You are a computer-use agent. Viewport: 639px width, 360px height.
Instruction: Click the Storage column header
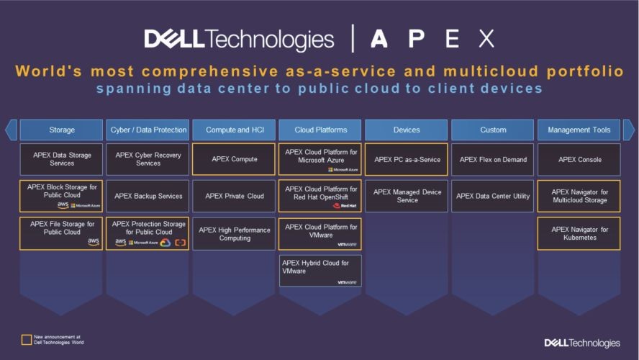coord(61,130)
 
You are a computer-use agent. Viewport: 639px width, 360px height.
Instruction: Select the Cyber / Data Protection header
coord(148,130)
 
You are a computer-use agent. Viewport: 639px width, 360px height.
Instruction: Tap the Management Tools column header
coord(579,130)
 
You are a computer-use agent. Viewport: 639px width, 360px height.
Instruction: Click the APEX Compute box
coord(234,159)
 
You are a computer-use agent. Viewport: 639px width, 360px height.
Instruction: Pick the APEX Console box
coord(579,159)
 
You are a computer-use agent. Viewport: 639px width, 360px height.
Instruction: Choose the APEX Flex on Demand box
coord(492,159)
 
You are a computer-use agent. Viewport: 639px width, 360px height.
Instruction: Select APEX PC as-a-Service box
coord(406,159)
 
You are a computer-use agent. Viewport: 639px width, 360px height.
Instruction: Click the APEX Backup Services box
coord(148,196)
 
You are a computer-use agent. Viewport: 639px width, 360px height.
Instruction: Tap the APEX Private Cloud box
coord(234,196)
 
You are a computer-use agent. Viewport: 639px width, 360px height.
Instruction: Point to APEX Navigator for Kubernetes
coord(579,233)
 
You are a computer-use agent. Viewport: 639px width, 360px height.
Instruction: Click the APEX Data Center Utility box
coord(492,196)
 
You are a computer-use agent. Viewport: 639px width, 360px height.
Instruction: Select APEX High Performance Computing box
coord(234,233)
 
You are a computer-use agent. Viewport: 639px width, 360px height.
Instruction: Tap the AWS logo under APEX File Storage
coord(93,242)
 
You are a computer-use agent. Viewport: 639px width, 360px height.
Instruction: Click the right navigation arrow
coord(628,130)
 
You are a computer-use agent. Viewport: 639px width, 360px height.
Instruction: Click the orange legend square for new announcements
coord(27,339)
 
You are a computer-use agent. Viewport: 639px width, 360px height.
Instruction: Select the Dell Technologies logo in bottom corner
coord(581,343)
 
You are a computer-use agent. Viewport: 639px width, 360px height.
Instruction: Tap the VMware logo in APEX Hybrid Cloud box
coord(348,282)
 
